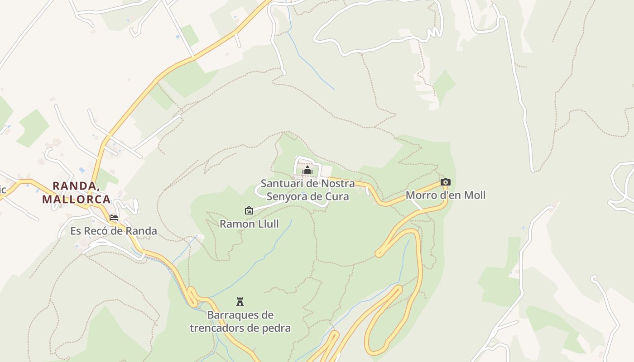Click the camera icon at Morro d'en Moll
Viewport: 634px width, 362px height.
point(446,182)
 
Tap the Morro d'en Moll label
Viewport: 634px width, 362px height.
point(446,195)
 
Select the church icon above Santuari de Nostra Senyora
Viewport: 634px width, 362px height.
point(307,171)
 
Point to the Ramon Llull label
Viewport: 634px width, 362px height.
point(249,224)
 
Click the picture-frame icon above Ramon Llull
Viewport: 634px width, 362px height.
point(249,210)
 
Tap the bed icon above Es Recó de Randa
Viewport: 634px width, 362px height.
point(114,218)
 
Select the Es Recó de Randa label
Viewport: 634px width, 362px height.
point(114,231)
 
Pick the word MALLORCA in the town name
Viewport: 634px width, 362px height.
point(77,199)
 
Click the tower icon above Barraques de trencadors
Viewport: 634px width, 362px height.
point(240,301)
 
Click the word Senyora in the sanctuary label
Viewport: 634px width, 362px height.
point(287,196)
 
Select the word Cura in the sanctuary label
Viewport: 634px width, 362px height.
point(338,196)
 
